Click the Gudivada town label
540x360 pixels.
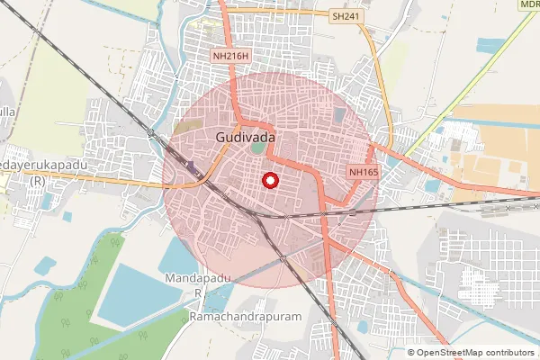tap(245, 137)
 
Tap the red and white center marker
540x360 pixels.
tap(269, 180)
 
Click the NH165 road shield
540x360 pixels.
tap(363, 171)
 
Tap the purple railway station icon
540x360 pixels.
tap(192, 165)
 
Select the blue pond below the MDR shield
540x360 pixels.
tap(490, 45)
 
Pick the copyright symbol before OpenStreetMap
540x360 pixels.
tap(411, 353)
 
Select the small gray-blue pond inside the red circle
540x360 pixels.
tap(338, 116)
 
